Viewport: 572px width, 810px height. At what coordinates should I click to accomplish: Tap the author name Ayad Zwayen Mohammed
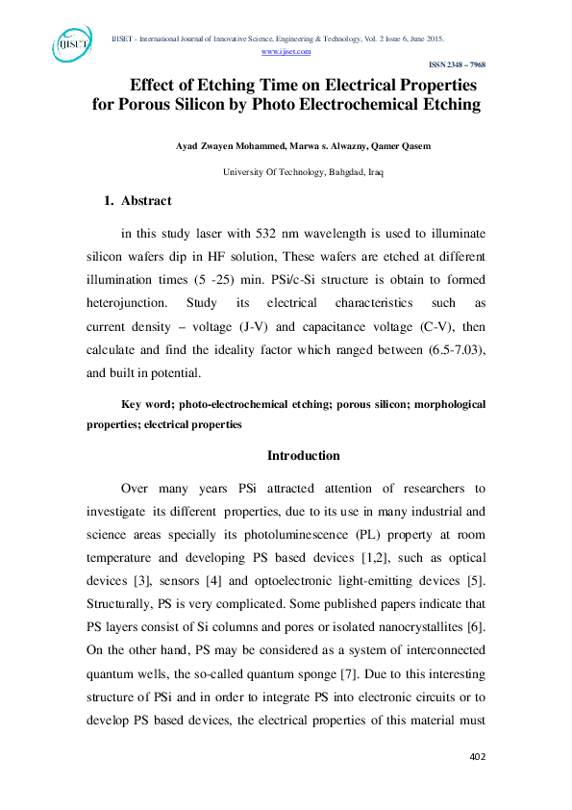pos(226,146)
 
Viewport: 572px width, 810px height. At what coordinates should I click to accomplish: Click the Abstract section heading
pos(146,201)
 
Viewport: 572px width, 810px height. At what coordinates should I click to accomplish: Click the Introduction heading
pos(303,455)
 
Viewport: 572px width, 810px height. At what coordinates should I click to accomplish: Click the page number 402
pos(477,756)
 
